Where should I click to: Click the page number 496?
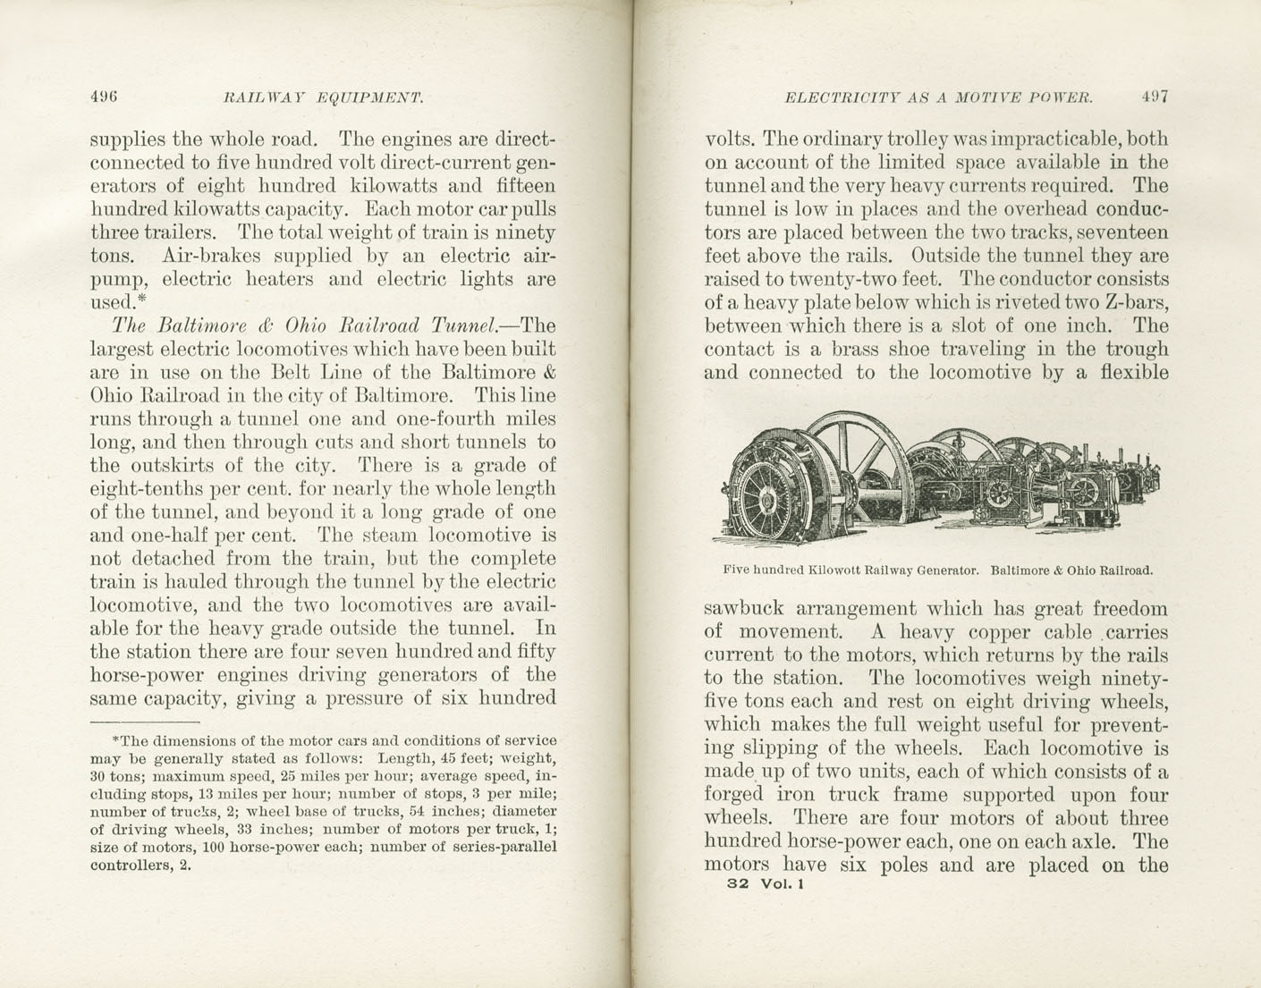(105, 97)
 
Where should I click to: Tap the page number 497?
(1155, 97)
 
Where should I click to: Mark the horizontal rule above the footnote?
(144, 721)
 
